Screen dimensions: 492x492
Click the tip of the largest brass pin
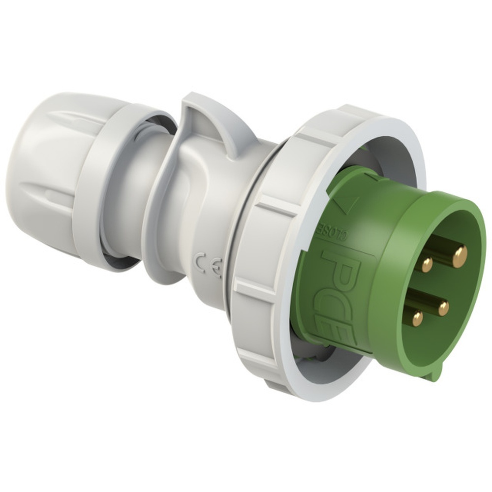click(460, 256)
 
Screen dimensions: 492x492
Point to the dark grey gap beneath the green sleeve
click(315, 347)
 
